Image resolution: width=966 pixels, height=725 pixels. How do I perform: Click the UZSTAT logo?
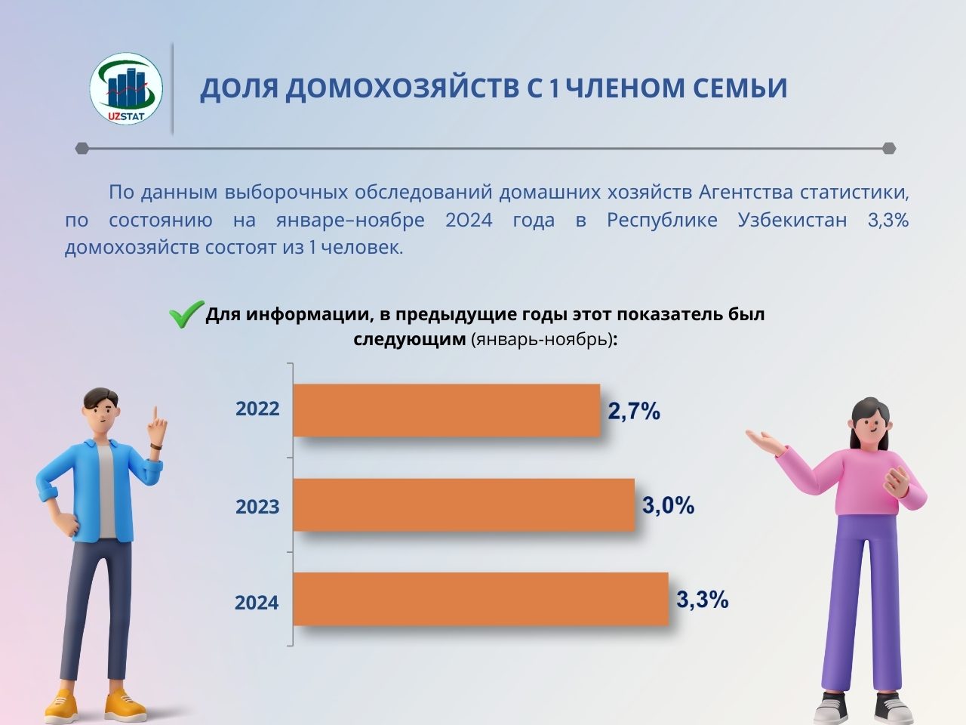click(126, 88)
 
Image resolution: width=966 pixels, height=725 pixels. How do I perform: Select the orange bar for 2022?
click(447, 410)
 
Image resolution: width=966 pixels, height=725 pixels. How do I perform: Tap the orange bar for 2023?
click(464, 505)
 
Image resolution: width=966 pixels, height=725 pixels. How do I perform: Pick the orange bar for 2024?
click(481, 599)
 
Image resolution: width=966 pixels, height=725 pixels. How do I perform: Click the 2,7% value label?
click(634, 412)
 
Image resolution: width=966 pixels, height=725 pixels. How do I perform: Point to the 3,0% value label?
click(668, 505)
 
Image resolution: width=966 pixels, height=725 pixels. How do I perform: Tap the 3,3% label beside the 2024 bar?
click(703, 600)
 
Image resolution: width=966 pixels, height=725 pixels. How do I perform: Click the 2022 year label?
click(257, 409)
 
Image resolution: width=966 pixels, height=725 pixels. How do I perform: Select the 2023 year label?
click(257, 507)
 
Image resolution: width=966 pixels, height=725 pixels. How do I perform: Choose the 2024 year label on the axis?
click(257, 603)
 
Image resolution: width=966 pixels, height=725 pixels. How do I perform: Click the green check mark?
click(186, 314)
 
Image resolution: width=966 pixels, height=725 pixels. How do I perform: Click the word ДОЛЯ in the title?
click(239, 89)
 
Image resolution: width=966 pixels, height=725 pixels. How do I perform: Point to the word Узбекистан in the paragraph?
click(792, 220)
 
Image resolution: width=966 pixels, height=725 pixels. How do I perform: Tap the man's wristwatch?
click(155, 446)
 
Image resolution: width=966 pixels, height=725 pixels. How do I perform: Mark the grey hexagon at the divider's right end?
click(890, 148)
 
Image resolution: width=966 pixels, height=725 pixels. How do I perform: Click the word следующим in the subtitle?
click(409, 339)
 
